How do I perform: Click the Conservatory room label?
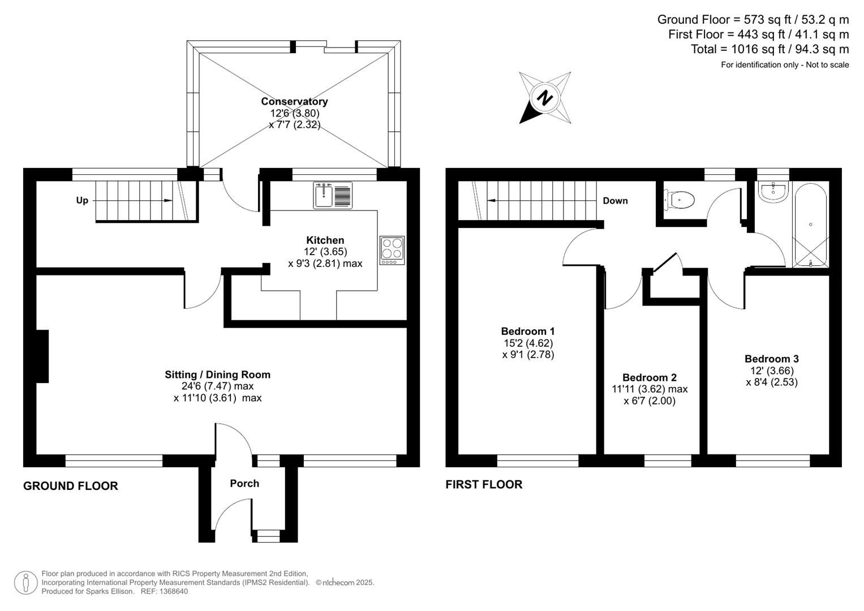[294, 102]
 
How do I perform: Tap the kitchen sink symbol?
[333, 195]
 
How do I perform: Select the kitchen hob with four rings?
[392, 250]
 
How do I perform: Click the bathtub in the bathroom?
[810, 225]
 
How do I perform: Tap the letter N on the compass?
[545, 98]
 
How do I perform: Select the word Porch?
[244, 484]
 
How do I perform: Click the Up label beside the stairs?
[82, 201]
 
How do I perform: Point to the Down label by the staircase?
[615, 201]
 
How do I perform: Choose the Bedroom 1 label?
[527, 332]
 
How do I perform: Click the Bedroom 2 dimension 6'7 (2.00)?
[650, 401]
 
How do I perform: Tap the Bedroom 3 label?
[771, 359]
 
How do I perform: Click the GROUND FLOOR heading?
[71, 486]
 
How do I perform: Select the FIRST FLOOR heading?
[484, 485]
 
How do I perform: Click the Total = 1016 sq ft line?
[770, 49]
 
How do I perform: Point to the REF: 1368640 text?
[164, 592]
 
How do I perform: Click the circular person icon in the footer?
[25, 583]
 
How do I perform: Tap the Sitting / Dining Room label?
[217, 375]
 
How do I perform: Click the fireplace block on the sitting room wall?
[42, 356]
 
